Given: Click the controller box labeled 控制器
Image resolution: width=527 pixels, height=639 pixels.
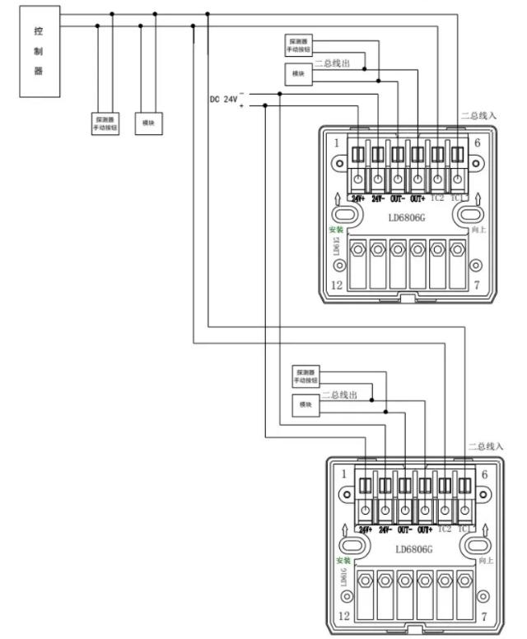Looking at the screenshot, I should coord(38,51).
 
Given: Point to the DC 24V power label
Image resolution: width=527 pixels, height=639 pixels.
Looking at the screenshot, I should coord(222,99).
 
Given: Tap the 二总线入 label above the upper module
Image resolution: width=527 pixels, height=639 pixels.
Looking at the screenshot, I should coord(478,116).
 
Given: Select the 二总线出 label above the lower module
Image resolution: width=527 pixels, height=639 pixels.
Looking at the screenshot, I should coord(339,395).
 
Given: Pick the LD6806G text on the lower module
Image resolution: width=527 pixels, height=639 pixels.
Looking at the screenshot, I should coord(413,549).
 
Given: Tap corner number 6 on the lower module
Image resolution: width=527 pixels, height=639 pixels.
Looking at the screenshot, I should coord(483,474).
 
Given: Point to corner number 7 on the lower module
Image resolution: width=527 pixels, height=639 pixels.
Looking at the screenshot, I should coord(484,615).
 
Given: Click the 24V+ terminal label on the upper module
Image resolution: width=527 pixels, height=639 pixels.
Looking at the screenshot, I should coord(358,198).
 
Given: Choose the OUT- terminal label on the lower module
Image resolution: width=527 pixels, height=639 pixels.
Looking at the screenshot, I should coord(405,529).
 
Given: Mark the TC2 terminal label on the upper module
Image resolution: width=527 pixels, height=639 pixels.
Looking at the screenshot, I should coord(437,198).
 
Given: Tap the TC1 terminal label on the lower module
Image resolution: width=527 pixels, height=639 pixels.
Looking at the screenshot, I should coord(466,529).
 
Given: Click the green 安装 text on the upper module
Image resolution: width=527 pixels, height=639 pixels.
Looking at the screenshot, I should coord(336,230).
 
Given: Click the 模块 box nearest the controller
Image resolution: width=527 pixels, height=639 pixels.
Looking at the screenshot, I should coord(149,123).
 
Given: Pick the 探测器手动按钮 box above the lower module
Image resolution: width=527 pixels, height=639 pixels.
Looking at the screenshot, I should coord(305,377).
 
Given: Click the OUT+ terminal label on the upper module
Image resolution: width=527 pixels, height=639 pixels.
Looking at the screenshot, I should coord(417,198).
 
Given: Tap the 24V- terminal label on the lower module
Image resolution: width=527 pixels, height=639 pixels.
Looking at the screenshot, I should coord(385,529).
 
